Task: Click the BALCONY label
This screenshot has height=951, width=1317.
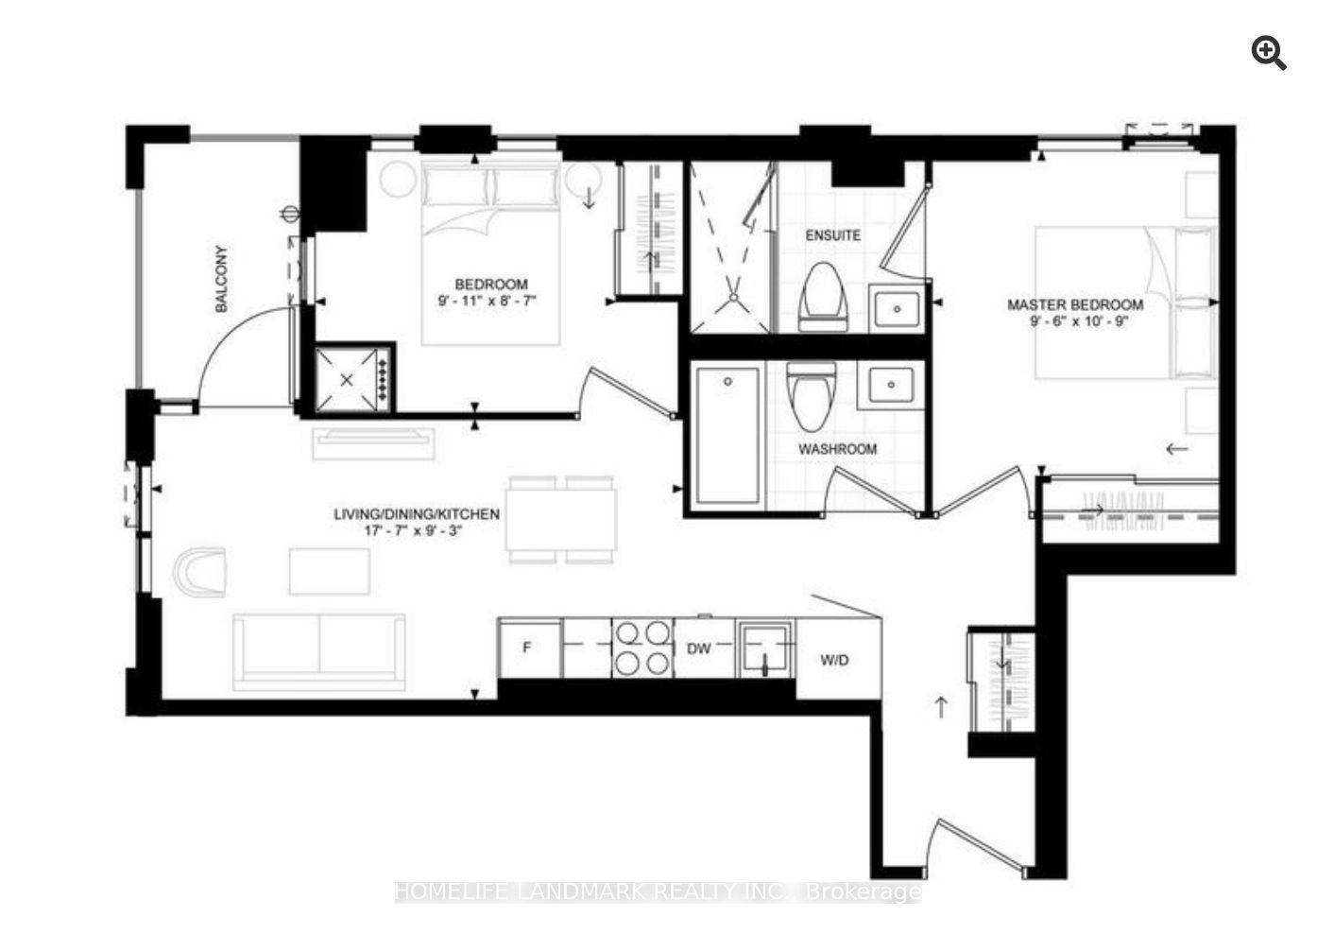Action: coord(221,279)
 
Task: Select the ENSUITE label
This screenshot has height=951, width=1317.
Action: coord(832,235)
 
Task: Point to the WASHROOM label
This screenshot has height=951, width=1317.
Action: coord(837,449)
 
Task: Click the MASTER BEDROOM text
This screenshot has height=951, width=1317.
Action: coord(1075,304)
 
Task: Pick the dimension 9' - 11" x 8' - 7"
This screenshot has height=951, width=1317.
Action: coord(487,301)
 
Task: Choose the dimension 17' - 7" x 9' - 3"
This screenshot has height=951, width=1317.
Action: coord(413,530)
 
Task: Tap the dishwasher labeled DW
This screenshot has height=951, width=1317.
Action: coord(704,648)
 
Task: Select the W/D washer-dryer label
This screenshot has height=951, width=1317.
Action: coord(835,660)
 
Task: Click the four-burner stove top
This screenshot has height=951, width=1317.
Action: coord(642,648)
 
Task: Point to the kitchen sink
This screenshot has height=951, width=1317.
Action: coord(764,649)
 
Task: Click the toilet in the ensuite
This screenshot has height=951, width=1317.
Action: coord(823,298)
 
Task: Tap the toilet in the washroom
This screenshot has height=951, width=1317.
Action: coord(812,396)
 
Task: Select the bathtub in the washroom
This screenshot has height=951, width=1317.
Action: coord(727,436)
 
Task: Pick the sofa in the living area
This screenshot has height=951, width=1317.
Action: coord(319,651)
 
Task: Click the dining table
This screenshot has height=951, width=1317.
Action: coord(561,520)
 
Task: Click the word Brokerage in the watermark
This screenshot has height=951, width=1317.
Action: coord(864,892)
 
